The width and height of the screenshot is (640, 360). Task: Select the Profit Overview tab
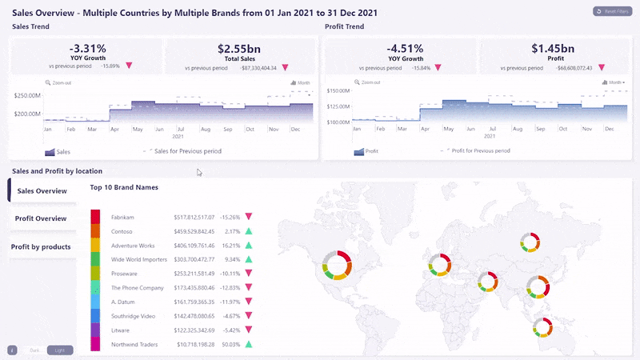tap(41, 218)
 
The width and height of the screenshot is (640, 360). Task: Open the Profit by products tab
tap(41, 246)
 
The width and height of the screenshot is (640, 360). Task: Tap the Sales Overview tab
tap(42, 191)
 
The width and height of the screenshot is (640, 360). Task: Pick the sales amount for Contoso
tap(195, 230)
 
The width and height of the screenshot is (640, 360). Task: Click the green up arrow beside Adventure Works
tap(249, 245)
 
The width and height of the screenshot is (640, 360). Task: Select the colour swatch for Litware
tap(95, 330)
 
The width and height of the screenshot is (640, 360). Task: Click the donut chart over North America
tap(337, 265)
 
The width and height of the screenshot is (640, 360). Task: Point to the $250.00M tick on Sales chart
tap(28, 96)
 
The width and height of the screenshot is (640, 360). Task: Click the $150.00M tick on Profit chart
tap(340, 91)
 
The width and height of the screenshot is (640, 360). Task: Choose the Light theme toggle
tap(59, 350)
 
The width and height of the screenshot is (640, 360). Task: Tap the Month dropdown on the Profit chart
tap(615, 82)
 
